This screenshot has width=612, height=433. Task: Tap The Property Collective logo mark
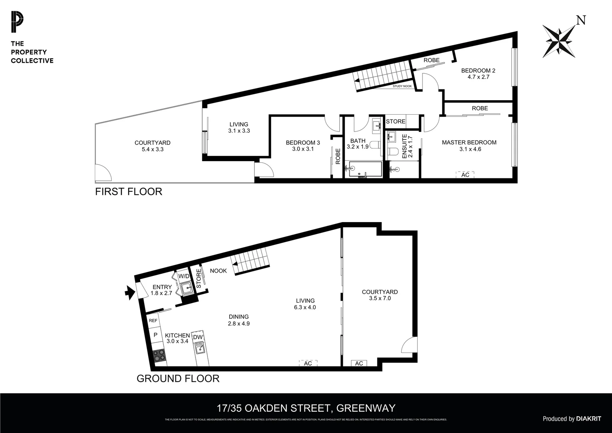click(17, 22)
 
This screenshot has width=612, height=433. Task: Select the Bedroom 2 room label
click(478, 73)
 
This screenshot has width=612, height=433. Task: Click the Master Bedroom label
click(469, 146)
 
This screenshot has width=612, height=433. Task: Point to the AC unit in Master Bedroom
click(465, 175)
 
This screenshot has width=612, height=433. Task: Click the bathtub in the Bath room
click(365, 170)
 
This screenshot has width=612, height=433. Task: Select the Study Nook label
click(402, 86)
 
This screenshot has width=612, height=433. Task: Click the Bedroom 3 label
click(302, 146)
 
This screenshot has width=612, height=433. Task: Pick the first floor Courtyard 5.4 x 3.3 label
click(152, 146)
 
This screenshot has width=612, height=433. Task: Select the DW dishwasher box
click(198, 337)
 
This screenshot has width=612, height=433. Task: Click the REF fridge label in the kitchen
click(153, 321)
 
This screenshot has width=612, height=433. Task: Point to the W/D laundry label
click(184, 276)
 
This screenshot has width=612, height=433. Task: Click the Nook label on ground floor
click(218, 271)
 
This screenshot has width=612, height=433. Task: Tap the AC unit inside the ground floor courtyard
click(359, 363)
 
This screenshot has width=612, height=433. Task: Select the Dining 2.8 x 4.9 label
click(239, 320)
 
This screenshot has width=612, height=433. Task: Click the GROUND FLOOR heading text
click(178, 378)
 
